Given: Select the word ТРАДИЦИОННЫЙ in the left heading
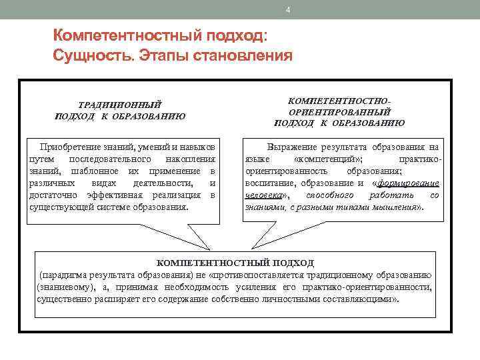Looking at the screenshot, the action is (120, 105).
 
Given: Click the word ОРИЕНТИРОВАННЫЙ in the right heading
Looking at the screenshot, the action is (339, 111).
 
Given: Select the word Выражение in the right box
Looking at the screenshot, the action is (289, 146).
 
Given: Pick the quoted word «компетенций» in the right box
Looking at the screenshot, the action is (328, 159).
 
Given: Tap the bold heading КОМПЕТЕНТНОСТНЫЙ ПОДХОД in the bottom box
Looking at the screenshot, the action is (235, 263).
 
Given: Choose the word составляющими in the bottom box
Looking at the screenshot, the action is (361, 299).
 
